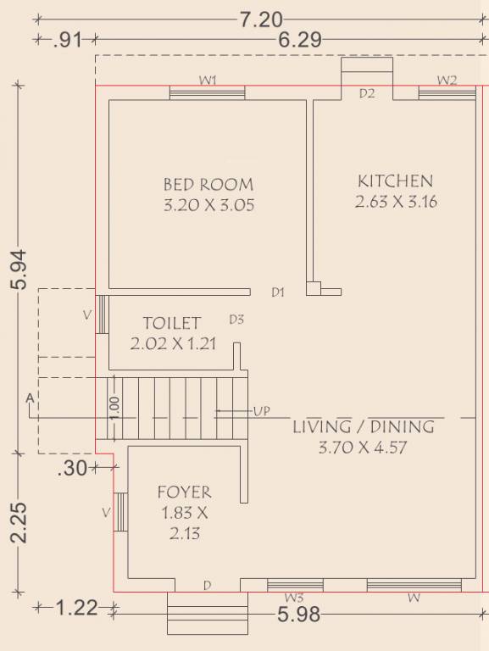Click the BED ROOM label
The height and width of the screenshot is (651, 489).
(208, 184)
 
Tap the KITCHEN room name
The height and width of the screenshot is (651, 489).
(395, 181)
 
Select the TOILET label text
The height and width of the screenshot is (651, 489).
(172, 323)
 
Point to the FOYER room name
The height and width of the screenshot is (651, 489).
(184, 492)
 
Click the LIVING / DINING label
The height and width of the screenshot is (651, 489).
(364, 427)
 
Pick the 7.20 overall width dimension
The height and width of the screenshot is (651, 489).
(262, 19)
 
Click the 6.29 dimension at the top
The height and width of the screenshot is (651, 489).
(300, 41)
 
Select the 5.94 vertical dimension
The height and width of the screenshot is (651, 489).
(19, 270)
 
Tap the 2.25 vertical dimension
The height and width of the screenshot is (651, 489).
(19, 523)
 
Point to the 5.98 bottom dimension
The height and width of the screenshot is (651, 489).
(299, 615)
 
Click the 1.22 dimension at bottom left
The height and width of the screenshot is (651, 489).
(76, 609)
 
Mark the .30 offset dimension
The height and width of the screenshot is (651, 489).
(73, 468)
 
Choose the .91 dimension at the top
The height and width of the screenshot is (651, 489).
(68, 41)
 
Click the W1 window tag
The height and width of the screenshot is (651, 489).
(208, 81)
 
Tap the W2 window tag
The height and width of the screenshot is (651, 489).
(447, 81)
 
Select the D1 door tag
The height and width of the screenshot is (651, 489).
(278, 292)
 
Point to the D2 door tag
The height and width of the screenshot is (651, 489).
(367, 93)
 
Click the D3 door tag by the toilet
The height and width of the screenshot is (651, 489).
(236, 320)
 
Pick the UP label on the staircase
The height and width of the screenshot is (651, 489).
(262, 411)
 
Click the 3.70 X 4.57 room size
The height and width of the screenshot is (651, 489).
(363, 448)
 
